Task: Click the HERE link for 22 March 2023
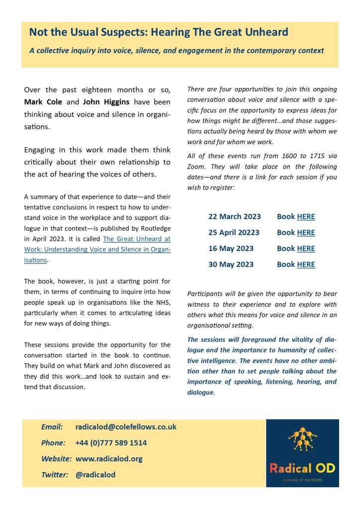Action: (x=306, y=217)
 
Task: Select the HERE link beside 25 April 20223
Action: (x=306, y=233)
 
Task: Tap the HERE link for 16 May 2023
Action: (x=306, y=249)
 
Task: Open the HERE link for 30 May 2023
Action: (x=306, y=264)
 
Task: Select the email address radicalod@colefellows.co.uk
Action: (x=126, y=427)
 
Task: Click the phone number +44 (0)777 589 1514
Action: (x=111, y=443)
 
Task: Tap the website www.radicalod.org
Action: (x=109, y=459)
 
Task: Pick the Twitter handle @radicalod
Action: (x=95, y=475)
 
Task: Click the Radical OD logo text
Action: (x=302, y=468)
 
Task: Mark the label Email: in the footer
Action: (x=52, y=427)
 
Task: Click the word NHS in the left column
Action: (x=162, y=303)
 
